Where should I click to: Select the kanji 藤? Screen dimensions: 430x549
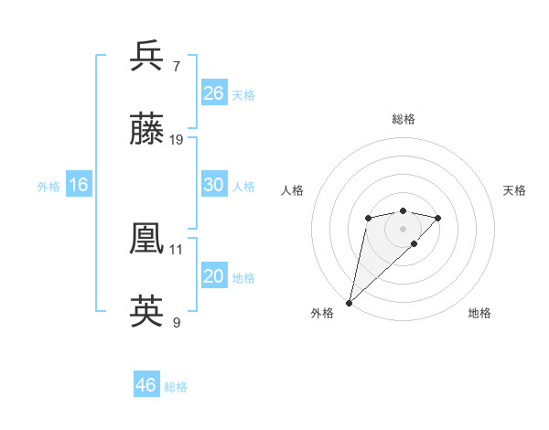click(147, 130)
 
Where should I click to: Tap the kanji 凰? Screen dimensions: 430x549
click(147, 238)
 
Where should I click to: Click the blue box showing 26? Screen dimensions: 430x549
click(214, 92)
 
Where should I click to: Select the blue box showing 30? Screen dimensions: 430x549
click(214, 185)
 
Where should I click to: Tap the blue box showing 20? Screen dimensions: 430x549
click(214, 276)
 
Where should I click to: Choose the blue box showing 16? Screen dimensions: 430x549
click(79, 185)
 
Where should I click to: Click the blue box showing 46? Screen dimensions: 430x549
click(146, 385)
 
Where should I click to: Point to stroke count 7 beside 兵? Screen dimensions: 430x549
click(176, 66)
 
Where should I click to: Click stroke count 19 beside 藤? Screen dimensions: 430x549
click(177, 140)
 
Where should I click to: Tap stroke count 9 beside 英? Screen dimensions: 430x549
click(176, 323)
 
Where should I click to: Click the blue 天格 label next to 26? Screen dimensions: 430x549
click(243, 94)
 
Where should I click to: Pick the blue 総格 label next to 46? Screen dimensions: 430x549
click(176, 387)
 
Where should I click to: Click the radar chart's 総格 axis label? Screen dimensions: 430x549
click(404, 119)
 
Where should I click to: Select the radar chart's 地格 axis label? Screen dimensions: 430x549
click(479, 313)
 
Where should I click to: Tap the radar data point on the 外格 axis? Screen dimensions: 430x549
click(350, 302)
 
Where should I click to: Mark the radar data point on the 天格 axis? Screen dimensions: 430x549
click(438, 218)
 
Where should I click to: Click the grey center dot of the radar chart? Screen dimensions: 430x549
click(404, 229)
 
